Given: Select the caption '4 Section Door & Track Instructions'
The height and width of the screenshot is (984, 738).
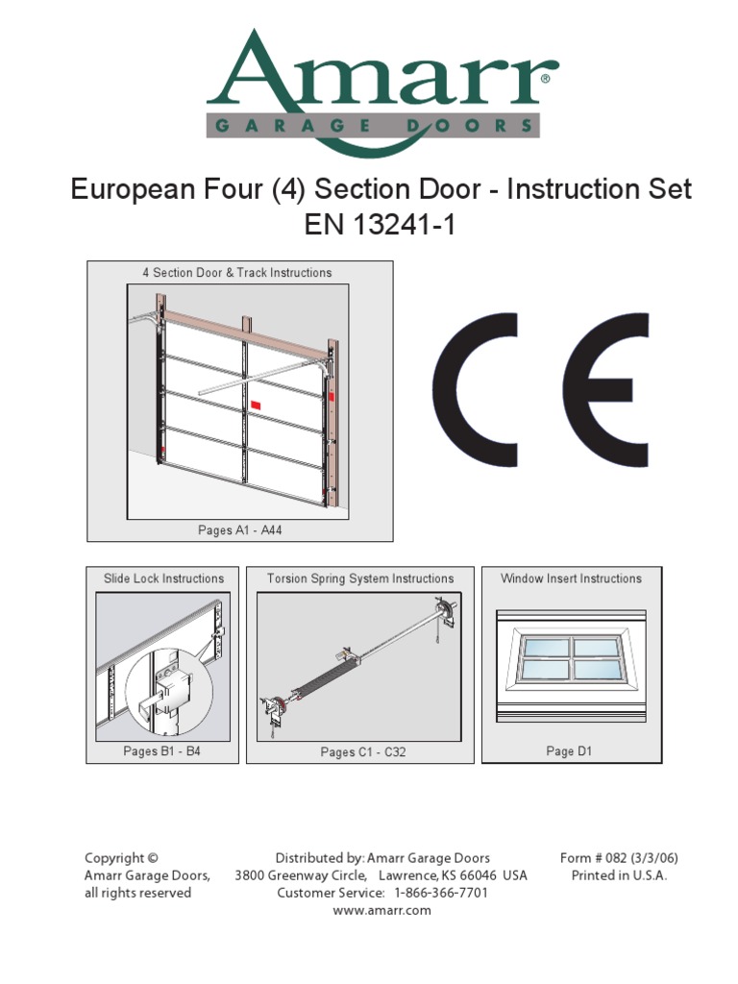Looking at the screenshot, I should click(237, 273).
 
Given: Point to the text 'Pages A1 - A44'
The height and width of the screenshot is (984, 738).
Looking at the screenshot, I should click(239, 530).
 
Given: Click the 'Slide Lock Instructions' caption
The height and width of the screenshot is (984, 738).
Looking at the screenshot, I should click(163, 578).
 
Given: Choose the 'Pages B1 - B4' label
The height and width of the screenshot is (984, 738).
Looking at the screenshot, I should click(162, 751).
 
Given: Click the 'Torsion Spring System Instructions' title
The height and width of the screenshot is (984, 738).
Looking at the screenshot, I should click(360, 578).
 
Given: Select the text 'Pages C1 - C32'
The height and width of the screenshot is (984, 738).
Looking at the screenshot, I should click(362, 752).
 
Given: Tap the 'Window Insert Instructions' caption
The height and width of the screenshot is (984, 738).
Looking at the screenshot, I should click(571, 578).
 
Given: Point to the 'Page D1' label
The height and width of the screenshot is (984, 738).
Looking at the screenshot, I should click(570, 751).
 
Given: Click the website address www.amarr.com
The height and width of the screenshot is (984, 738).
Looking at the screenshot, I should click(381, 911).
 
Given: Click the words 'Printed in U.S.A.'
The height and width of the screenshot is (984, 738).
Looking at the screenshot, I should click(619, 875).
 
